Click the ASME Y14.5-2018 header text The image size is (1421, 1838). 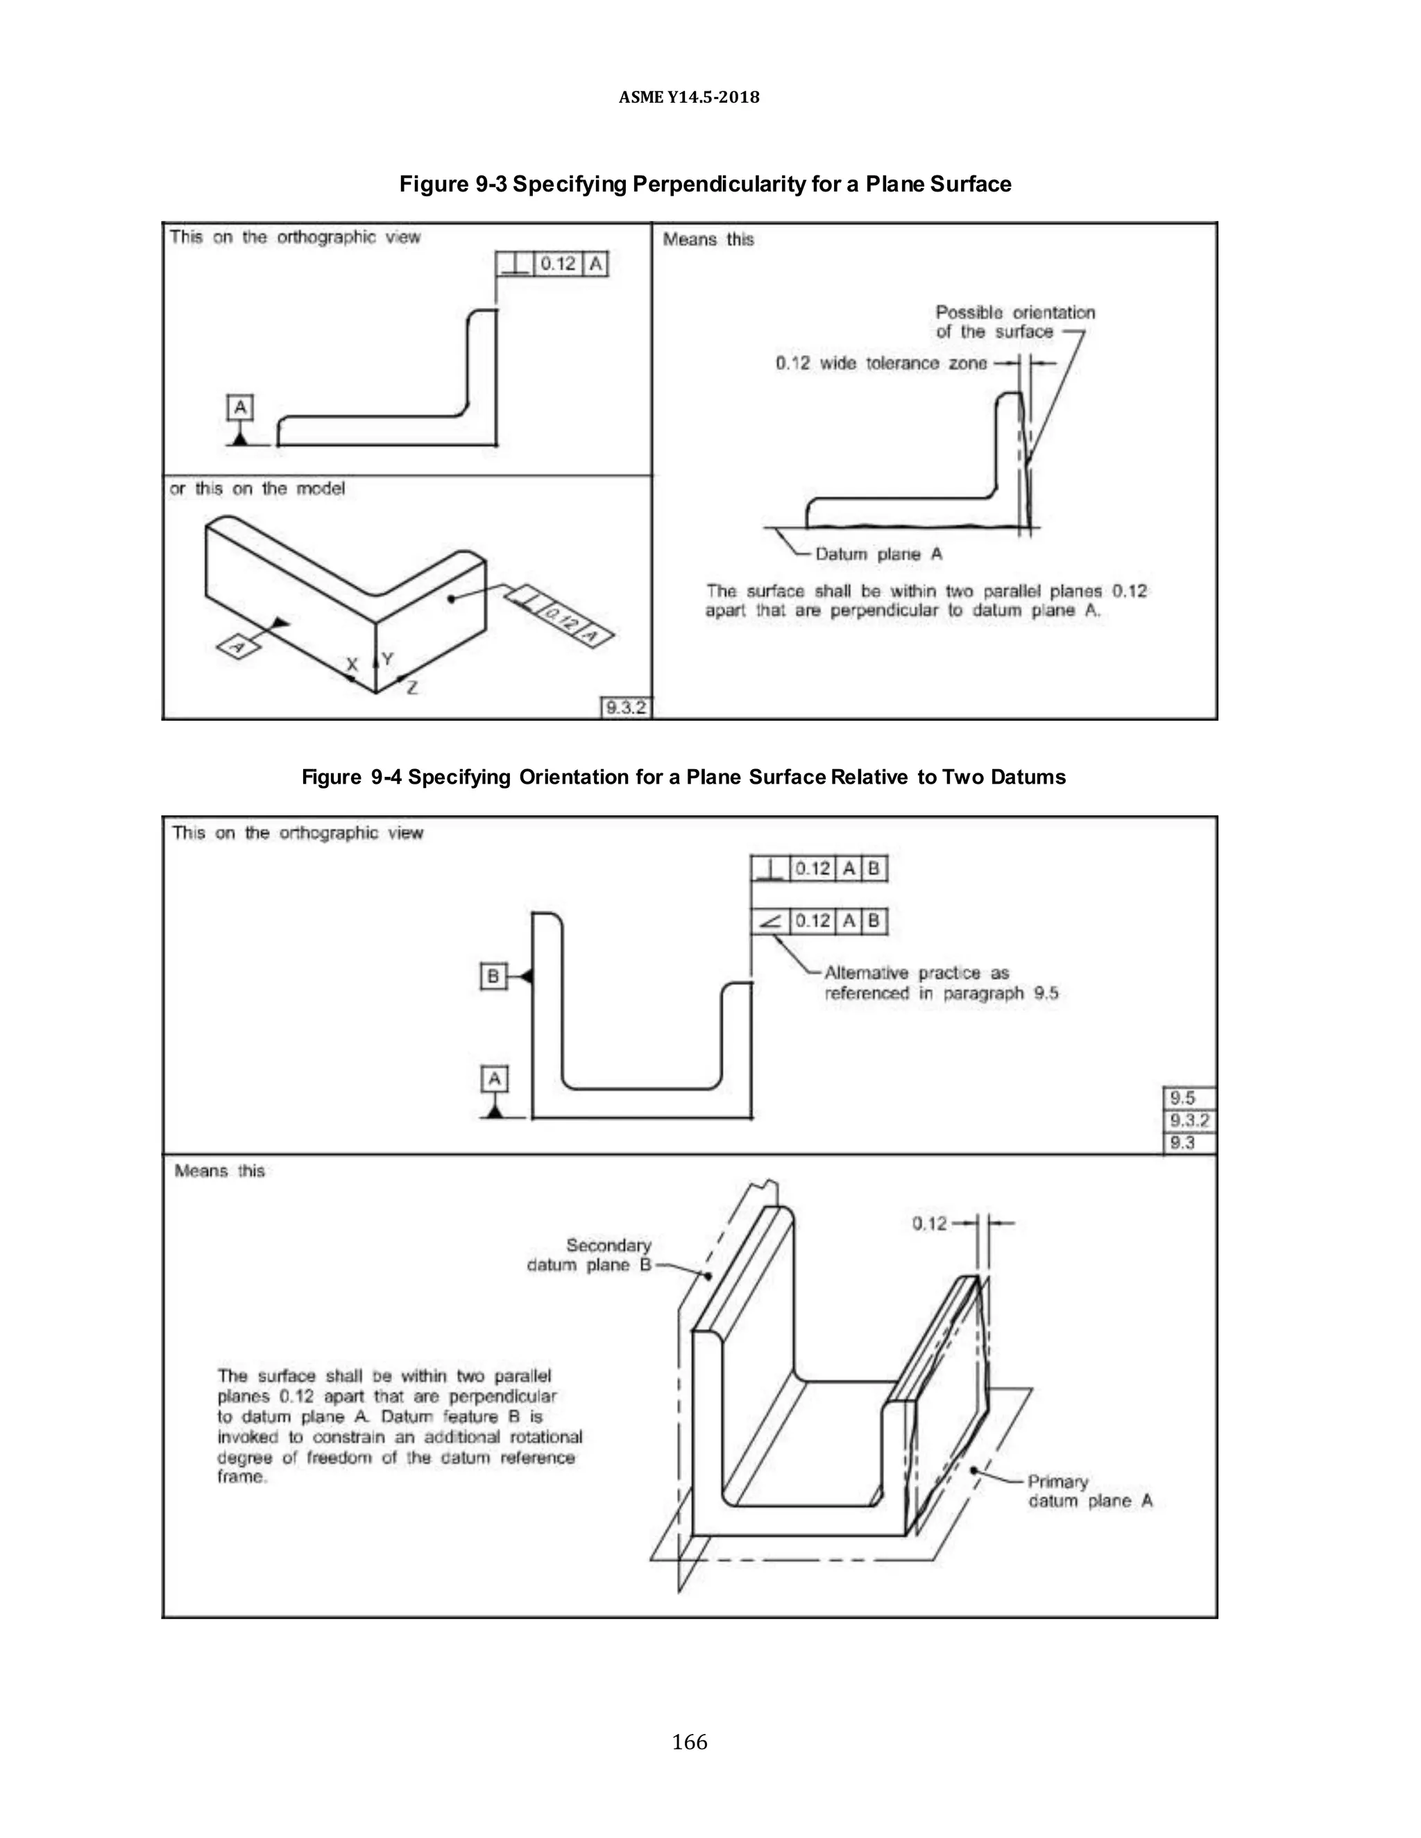pos(688,97)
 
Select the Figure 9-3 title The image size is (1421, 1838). pos(705,184)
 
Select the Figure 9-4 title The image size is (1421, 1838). pos(683,777)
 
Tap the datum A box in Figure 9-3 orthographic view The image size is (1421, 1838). pos(240,408)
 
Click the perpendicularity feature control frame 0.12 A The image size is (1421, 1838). pos(552,264)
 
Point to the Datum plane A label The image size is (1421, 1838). pos(878,553)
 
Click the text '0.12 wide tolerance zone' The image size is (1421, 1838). pos(880,363)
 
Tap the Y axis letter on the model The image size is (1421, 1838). pos(387,659)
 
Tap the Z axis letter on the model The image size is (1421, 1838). pos(411,687)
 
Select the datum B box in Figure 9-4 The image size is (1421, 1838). pos(493,977)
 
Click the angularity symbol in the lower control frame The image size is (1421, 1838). pos(769,922)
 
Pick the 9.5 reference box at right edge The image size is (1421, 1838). pos(1188,1097)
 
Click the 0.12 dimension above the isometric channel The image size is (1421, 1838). pos(929,1223)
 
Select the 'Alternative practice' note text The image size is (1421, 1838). pos(939,983)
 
